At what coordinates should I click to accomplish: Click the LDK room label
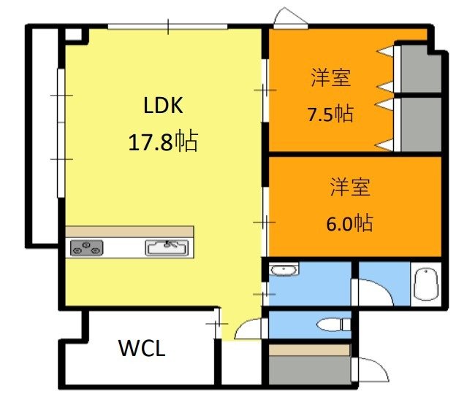click(162, 107)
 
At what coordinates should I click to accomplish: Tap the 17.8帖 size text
click(162, 141)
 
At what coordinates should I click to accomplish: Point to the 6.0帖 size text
click(349, 223)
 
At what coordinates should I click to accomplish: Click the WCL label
click(142, 348)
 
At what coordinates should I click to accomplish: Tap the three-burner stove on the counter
click(86, 248)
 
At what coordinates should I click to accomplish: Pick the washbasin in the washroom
click(283, 271)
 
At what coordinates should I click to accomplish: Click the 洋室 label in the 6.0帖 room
click(349, 188)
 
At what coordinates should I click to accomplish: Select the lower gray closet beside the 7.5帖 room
click(421, 124)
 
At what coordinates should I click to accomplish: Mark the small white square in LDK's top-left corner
click(73, 34)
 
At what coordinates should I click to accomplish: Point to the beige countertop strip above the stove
click(129, 231)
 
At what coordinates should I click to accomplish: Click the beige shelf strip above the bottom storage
click(308, 350)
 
